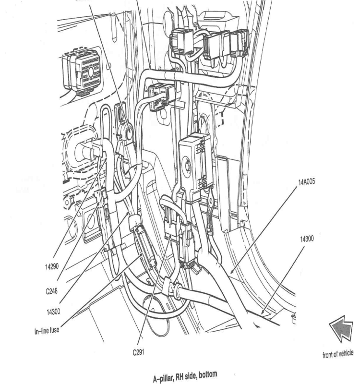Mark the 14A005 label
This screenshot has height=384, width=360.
tap(305, 182)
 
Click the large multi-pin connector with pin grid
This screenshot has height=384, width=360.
tap(83, 71)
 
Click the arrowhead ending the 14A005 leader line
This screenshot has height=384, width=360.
tap(230, 273)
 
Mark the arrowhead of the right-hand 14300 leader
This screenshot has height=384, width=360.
tap(262, 312)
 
